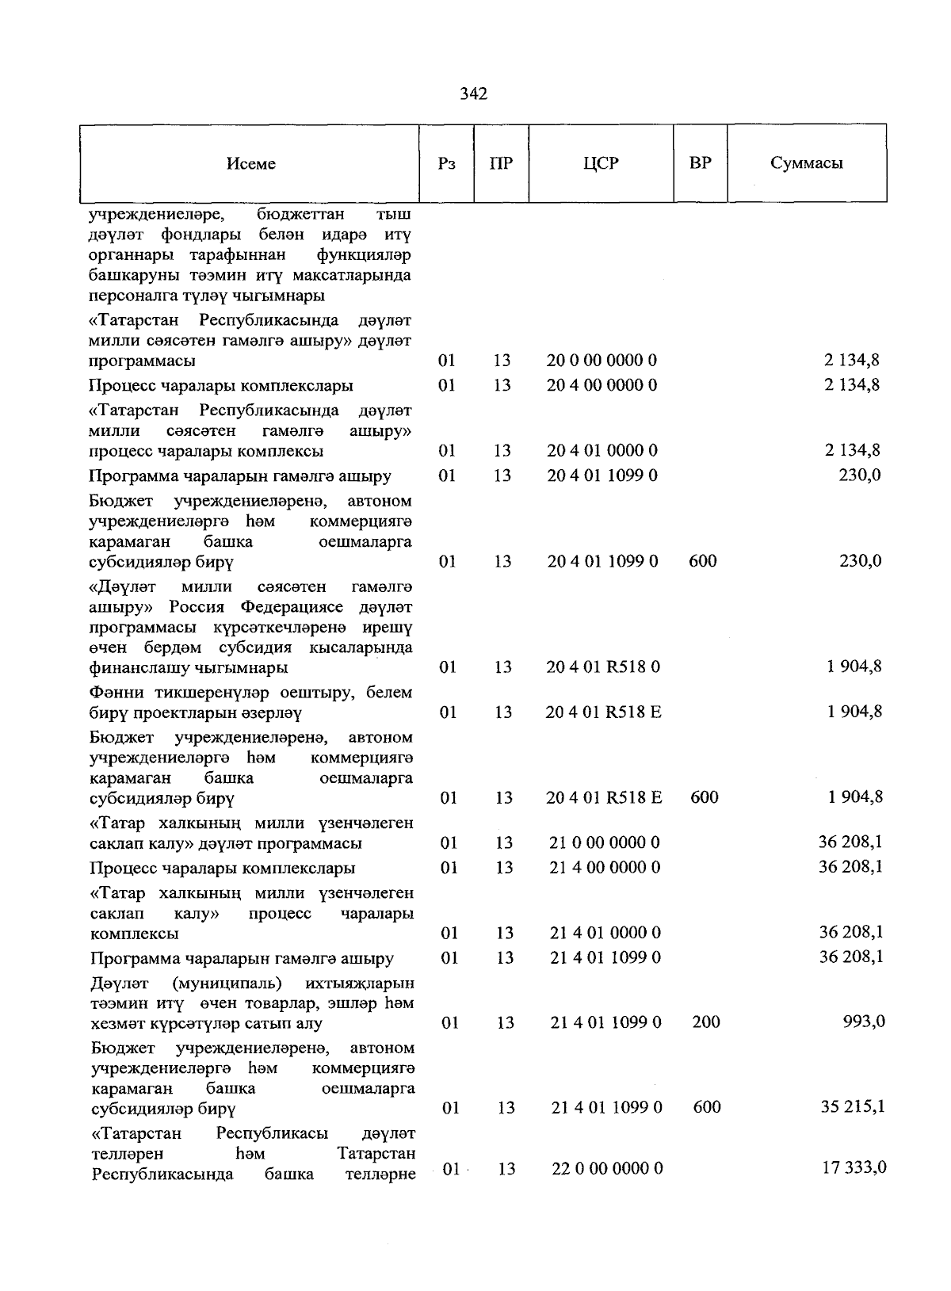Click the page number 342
click(x=473, y=94)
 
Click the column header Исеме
click(x=250, y=164)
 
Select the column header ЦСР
click(x=600, y=163)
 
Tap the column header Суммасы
click(x=806, y=163)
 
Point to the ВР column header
click(x=700, y=163)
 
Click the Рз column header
click(x=446, y=164)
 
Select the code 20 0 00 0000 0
click(x=602, y=361)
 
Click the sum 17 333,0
click(x=854, y=1167)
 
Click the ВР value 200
click(x=705, y=1022)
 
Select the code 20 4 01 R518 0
click(x=603, y=667)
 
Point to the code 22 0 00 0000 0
click(x=607, y=1169)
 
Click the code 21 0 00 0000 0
click(x=605, y=843)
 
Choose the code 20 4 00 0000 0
click(x=602, y=386)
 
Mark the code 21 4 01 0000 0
click(x=605, y=934)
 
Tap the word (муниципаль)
click(x=226, y=984)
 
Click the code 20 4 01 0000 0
click(x=602, y=451)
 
